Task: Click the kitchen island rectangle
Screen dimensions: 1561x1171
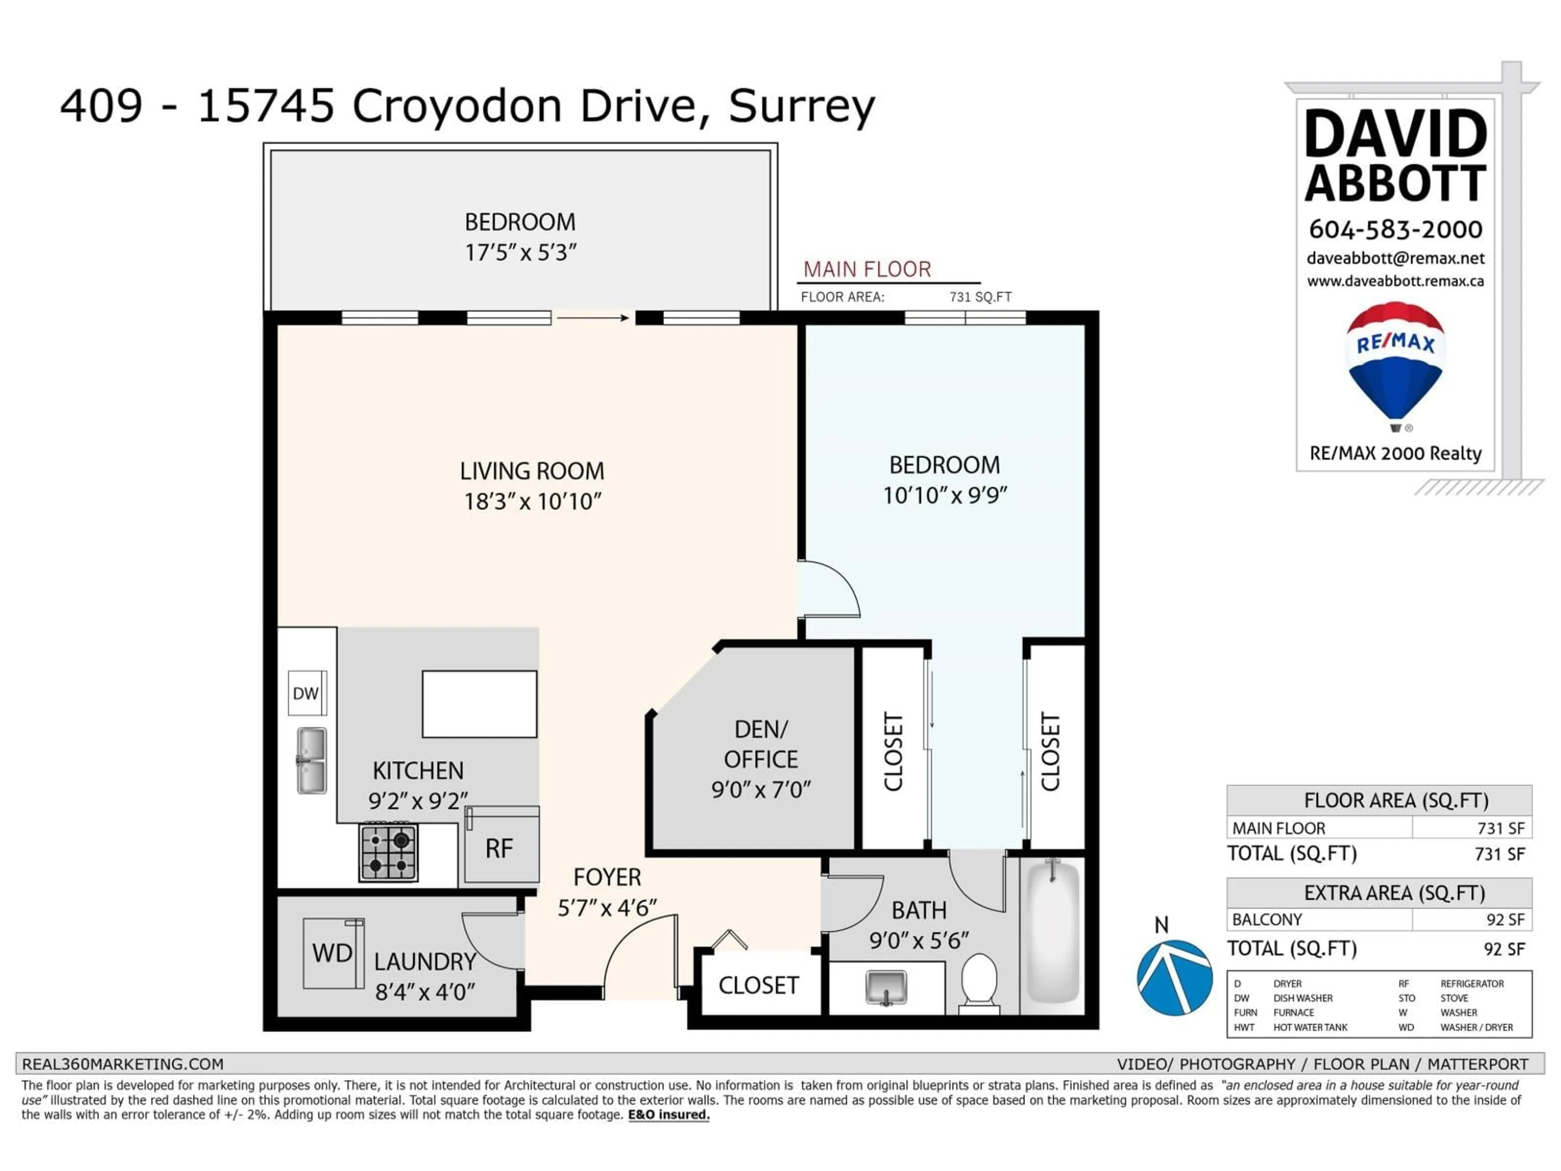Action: (479, 704)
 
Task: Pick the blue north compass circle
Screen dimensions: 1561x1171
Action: (1174, 977)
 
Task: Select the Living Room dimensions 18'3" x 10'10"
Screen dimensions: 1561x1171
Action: (532, 502)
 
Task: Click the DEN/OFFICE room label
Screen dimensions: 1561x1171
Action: (761, 744)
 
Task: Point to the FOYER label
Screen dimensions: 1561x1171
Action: (607, 877)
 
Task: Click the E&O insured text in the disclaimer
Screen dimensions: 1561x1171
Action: (668, 1114)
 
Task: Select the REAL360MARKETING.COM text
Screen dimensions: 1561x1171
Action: (123, 1064)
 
